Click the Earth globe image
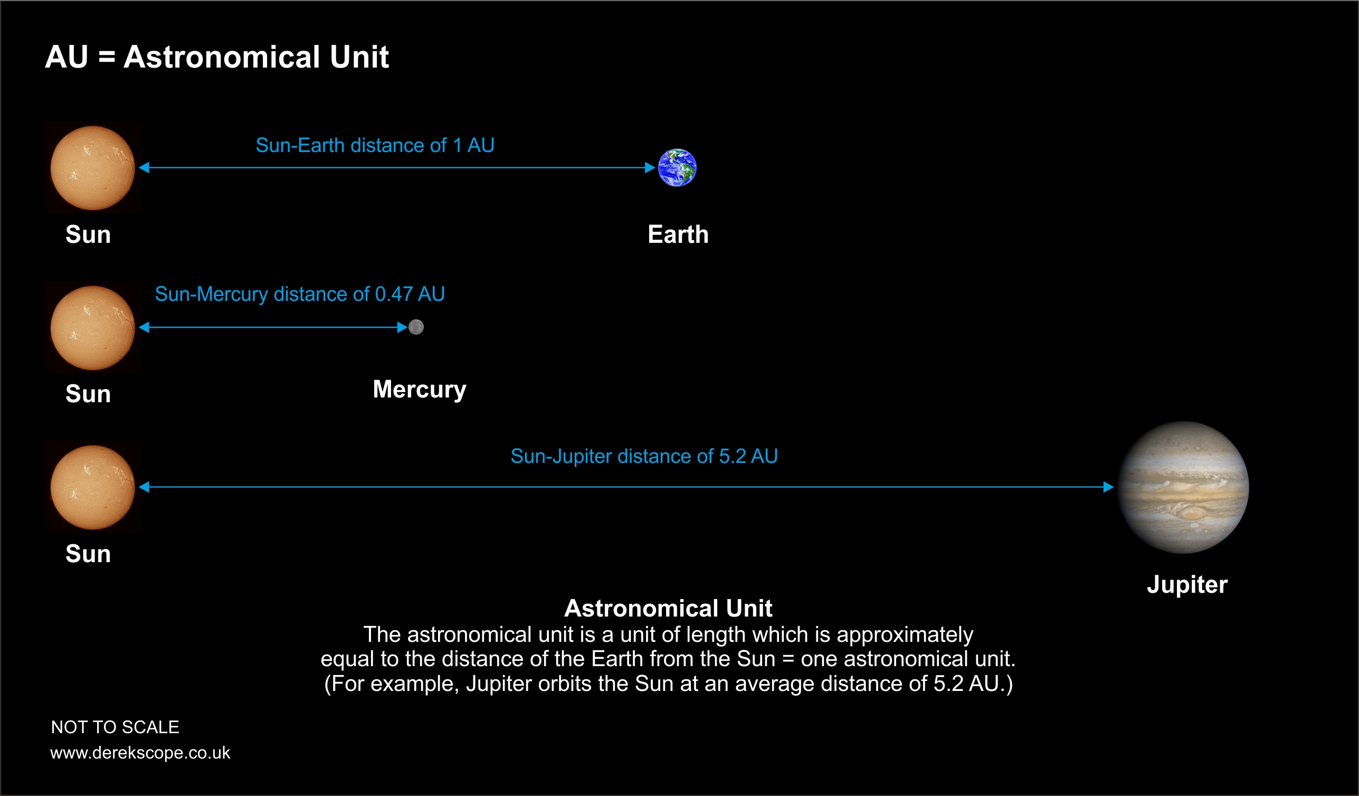tap(677, 168)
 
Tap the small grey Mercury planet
tap(416, 327)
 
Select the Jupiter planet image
tap(1183, 488)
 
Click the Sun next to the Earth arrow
tap(93, 168)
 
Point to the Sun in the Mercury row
tap(93, 328)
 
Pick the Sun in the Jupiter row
tap(93, 488)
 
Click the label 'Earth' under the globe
tap(678, 234)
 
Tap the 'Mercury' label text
tap(420, 390)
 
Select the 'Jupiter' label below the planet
tap(1187, 585)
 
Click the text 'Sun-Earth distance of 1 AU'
tap(375, 146)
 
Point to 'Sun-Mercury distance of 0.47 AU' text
tap(300, 295)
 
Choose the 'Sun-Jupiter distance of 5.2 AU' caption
tap(644, 457)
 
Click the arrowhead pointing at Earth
tap(650, 168)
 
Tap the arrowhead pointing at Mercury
tap(402, 327)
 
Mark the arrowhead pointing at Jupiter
tap(1109, 487)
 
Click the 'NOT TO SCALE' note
tap(115, 727)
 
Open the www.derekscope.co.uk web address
tap(140, 753)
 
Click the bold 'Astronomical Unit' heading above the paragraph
tap(669, 609)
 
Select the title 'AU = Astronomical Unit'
tap(217, 56)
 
